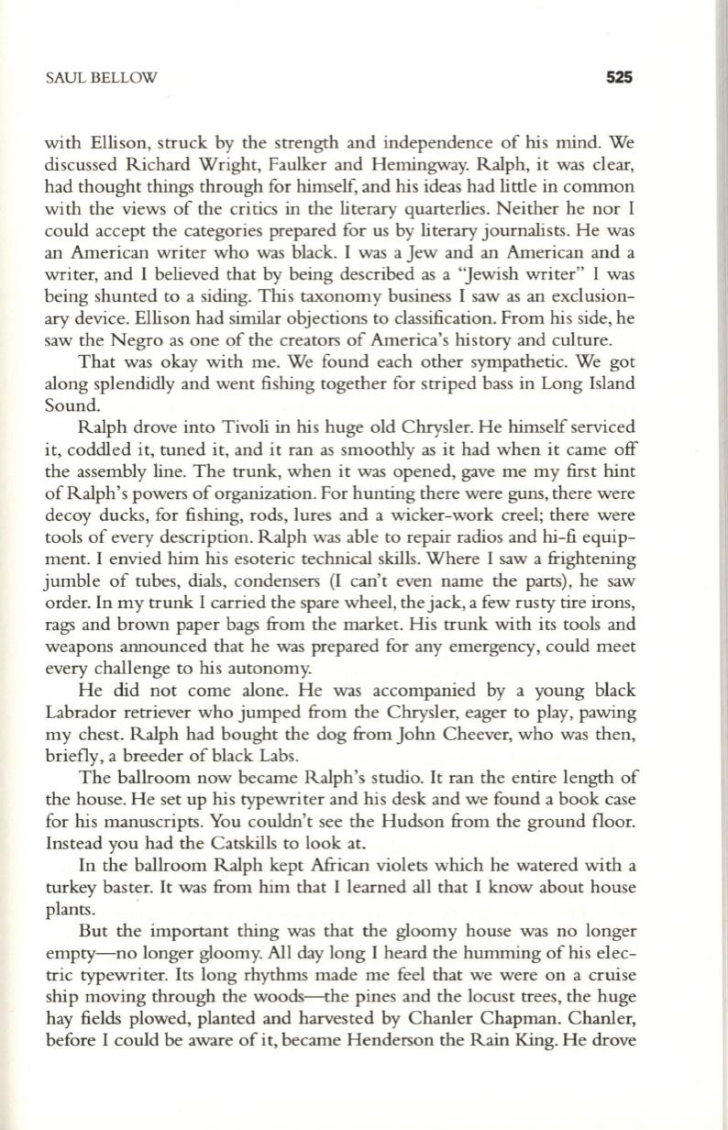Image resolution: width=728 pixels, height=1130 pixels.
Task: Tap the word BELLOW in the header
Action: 121,79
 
